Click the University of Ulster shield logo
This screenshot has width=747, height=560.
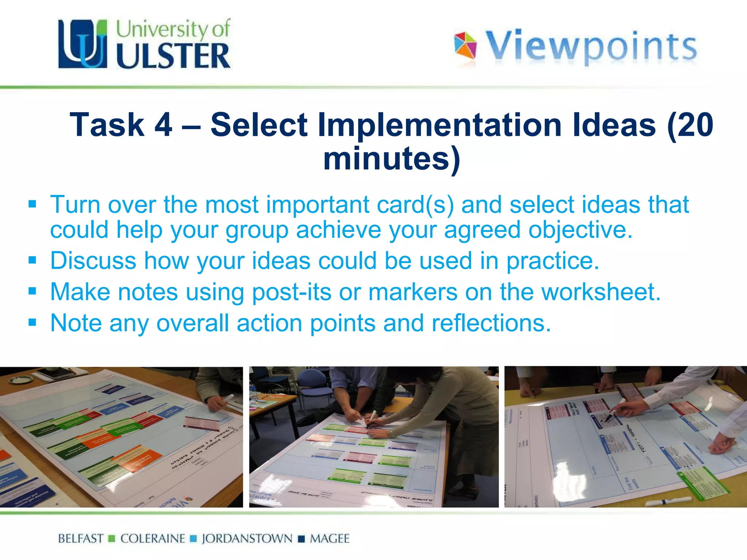[x=83, y=44]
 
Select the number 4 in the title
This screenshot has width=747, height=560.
[x=163, y=125]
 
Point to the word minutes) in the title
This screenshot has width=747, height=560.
[x=392, y=158]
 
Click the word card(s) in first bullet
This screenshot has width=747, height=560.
[x=415, y=204]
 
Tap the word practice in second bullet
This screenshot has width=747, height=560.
[x=552, y=261]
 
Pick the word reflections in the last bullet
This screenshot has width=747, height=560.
[x=491, y=323]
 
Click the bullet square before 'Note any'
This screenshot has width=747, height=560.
[x=32, y=322]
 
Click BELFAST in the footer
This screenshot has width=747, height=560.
[x=81, y=538]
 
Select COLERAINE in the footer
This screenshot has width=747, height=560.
[x=152, y=538]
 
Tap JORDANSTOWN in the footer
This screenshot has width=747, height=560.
[x=247, y=538]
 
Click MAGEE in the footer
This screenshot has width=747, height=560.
[x=329, y=538]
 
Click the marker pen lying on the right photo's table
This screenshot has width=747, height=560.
[x=667, y=502]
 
